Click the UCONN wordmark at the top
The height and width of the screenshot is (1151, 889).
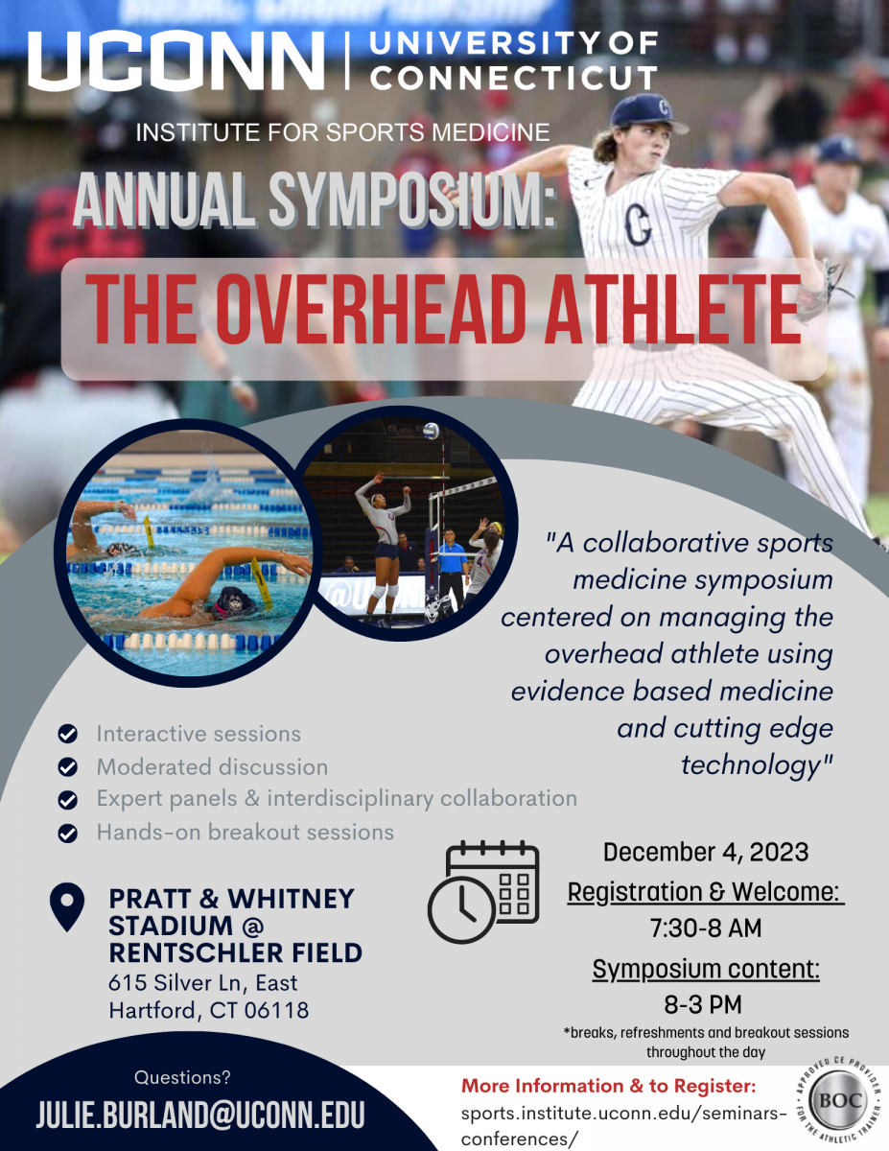tap(175, 61)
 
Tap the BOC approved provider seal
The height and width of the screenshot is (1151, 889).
tap(840, 1101)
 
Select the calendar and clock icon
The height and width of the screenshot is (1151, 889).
tap(483, 891)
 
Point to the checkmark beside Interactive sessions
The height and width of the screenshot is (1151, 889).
tap(68, 734)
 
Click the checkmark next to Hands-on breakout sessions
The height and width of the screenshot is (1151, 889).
tap(68, 833)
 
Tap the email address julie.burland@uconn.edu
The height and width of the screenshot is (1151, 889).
tap(200, 1114)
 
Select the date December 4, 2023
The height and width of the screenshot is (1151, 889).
tap(706, 853)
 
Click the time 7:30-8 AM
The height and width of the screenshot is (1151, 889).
tap(706, 928)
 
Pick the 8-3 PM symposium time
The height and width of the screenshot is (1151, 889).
tap(703, 1004)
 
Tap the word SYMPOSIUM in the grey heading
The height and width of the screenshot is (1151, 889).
tap(412, 200)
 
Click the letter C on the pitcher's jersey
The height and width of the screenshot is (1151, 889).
tap(638, 224)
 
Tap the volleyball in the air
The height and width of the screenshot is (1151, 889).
tap(431, 432)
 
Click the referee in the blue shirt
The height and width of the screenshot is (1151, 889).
tap(450, 567)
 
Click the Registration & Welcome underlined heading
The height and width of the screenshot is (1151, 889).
tap(706, 892)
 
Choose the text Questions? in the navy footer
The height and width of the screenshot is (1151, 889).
tap(182, 1077)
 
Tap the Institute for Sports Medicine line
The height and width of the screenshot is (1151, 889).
tap(342, 132)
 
